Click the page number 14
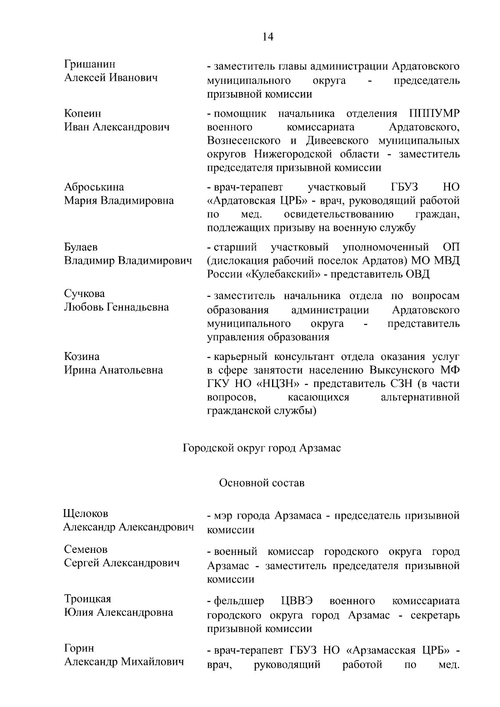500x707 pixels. point(268,37)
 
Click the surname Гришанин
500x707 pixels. point(90,64)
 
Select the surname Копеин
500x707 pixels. point(82,113)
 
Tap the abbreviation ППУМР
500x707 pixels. point(435,114)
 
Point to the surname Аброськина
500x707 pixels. point(94,187)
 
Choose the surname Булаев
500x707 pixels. point(81,247)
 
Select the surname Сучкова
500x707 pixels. point(84,294)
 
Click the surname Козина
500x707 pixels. point(82,357)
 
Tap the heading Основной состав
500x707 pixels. point(262,483)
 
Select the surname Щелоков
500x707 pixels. point(85,514)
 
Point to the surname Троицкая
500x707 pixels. point(87,599)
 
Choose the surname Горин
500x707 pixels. point(79,648)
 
